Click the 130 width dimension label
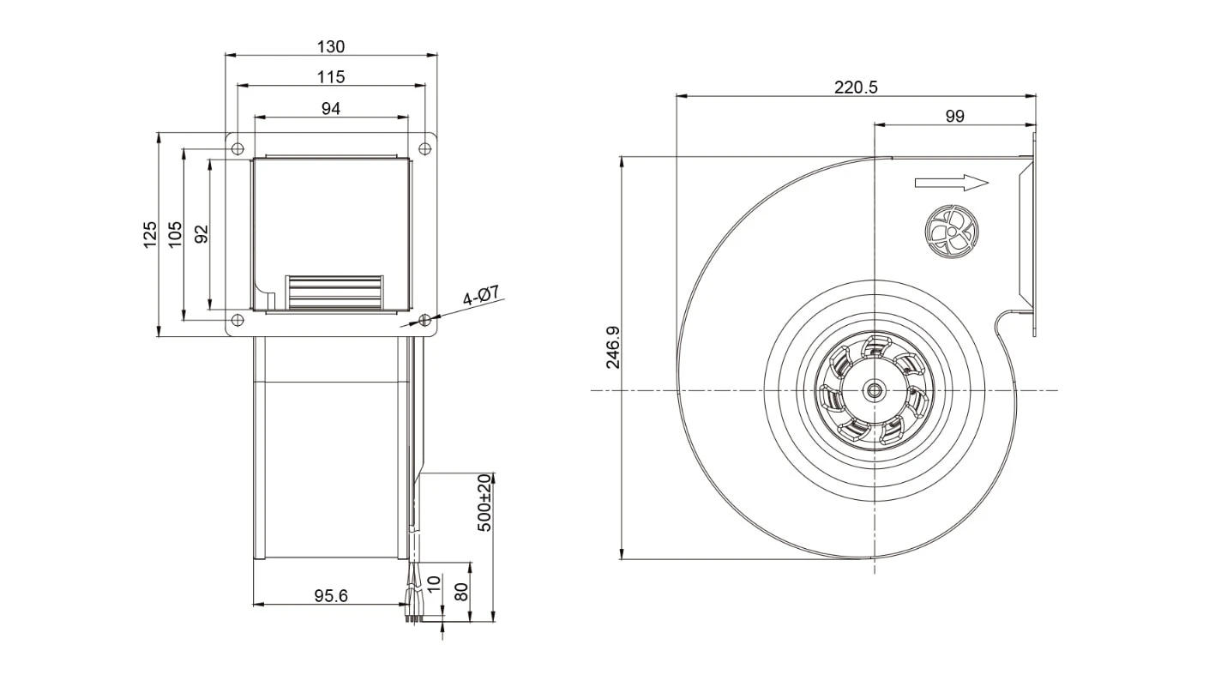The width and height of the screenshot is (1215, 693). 331,46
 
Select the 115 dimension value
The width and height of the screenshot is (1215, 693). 331,77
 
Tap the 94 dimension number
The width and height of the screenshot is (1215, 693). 331,109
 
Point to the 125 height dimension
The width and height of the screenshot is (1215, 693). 150,234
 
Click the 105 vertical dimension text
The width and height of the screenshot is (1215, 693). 175,234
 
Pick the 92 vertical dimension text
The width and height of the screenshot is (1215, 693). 201,234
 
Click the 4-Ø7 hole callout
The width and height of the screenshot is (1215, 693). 480,295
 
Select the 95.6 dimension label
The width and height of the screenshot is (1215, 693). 331,596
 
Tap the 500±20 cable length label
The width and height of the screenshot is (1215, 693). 484,503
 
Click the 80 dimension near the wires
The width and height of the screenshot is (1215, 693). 461,592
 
